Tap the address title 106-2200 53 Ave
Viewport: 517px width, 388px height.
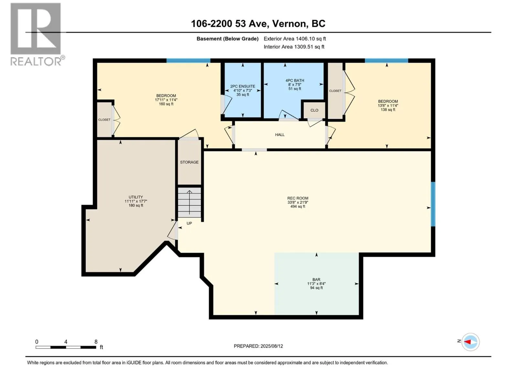pyautogui.click(x=229, y=24)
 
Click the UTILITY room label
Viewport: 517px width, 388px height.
pyautogui.click(x=136, y=197)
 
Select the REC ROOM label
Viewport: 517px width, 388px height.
pyautogui.click(x=298, y=198)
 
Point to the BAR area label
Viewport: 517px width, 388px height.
pyautogui.click(x=316, y=279)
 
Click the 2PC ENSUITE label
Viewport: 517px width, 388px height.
pyautogui.click(x=243, y=86)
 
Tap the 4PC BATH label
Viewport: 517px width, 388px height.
pyautogui.click(x=295, y=80)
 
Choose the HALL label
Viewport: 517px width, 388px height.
pyautogui.click(x=280, y=135)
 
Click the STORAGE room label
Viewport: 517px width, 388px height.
pyautogui.click(x=189, y=162)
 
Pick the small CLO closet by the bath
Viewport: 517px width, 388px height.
pyautogui.click(x=314, y=110)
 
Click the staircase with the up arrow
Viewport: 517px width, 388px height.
pyautogui.click(x=189, y=202)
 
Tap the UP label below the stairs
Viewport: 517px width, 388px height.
pyautogui.click(x=189, y=223)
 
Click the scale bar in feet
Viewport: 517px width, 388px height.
pyautogui.click(x=66, y=347)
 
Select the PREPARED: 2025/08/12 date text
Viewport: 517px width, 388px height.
pyautogui.click(x=258, y=346)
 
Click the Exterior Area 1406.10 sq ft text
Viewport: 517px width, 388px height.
pyautogui.click(x=295, y=38)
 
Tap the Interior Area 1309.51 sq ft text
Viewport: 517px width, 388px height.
pyautogui.click(x=294, y=47)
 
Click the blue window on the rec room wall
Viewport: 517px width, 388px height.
pyautogui.click(x=433, y=204)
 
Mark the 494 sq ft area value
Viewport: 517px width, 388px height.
pyautogui.click(x=298, y=206)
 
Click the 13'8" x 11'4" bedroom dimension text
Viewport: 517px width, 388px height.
pyautogui.click(x=388, y=105)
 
